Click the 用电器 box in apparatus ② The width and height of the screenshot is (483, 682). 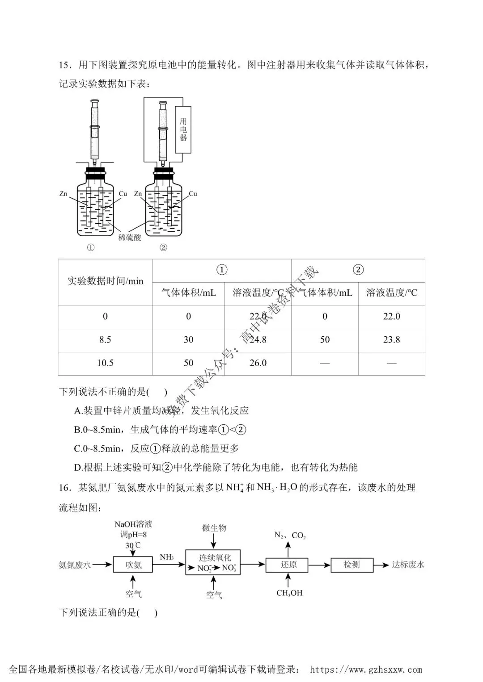tap(183, 130)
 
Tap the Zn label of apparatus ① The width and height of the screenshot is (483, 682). tap(63, 194)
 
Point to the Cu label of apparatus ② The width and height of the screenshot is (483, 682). tap(193, 194)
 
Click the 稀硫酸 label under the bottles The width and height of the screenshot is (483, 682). tap(130, 238)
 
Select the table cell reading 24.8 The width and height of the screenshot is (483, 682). tap(258, 339)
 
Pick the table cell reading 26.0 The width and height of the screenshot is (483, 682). tap(258, 363)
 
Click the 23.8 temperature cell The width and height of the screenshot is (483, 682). tap(391, 339)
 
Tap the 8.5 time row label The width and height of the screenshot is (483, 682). tap(105, 339)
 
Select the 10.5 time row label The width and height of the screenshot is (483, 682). tap(105, 363)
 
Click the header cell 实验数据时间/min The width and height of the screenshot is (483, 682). tap(105, 281)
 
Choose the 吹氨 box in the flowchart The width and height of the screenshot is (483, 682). tap(133, 565)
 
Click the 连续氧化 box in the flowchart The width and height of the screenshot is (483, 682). tap(213, 562)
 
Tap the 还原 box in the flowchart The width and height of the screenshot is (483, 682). tap(287, 565)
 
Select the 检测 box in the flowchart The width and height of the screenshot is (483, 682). tap(352, 565)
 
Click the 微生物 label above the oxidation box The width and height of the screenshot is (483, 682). tap(214, 527)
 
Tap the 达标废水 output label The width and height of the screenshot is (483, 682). tap(408, 565)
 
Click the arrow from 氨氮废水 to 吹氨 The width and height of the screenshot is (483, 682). tap(102, 565)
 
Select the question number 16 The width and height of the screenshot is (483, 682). tap(65, 488)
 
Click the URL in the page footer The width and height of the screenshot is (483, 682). tap(366, 669)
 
